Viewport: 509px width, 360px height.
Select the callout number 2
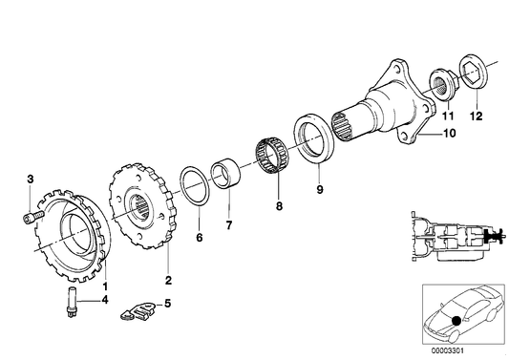pos(168,280)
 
